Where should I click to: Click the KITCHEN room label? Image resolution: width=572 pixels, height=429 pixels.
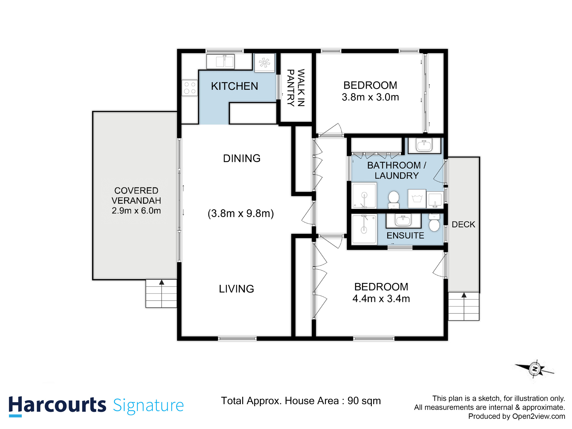(235, 86)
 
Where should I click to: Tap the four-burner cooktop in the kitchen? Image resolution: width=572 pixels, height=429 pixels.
(190, 88)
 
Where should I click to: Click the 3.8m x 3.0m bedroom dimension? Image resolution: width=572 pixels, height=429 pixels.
(370, 97)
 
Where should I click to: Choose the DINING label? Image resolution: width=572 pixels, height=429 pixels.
(242, 158)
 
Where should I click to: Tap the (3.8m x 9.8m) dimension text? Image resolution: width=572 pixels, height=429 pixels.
(241, 213)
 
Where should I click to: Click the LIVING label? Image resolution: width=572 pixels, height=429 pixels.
(237, 289)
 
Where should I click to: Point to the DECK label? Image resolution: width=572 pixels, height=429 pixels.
(463, 225)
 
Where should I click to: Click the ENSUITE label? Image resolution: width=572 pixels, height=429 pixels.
(405, 236)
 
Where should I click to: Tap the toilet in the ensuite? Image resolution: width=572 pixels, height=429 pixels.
(434, 222)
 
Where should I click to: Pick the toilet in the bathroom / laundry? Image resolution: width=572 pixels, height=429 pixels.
(394, 200)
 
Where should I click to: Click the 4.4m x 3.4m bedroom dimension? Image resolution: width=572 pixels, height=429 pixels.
(381, 299)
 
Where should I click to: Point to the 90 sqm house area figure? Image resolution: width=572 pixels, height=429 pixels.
(364, 401)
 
